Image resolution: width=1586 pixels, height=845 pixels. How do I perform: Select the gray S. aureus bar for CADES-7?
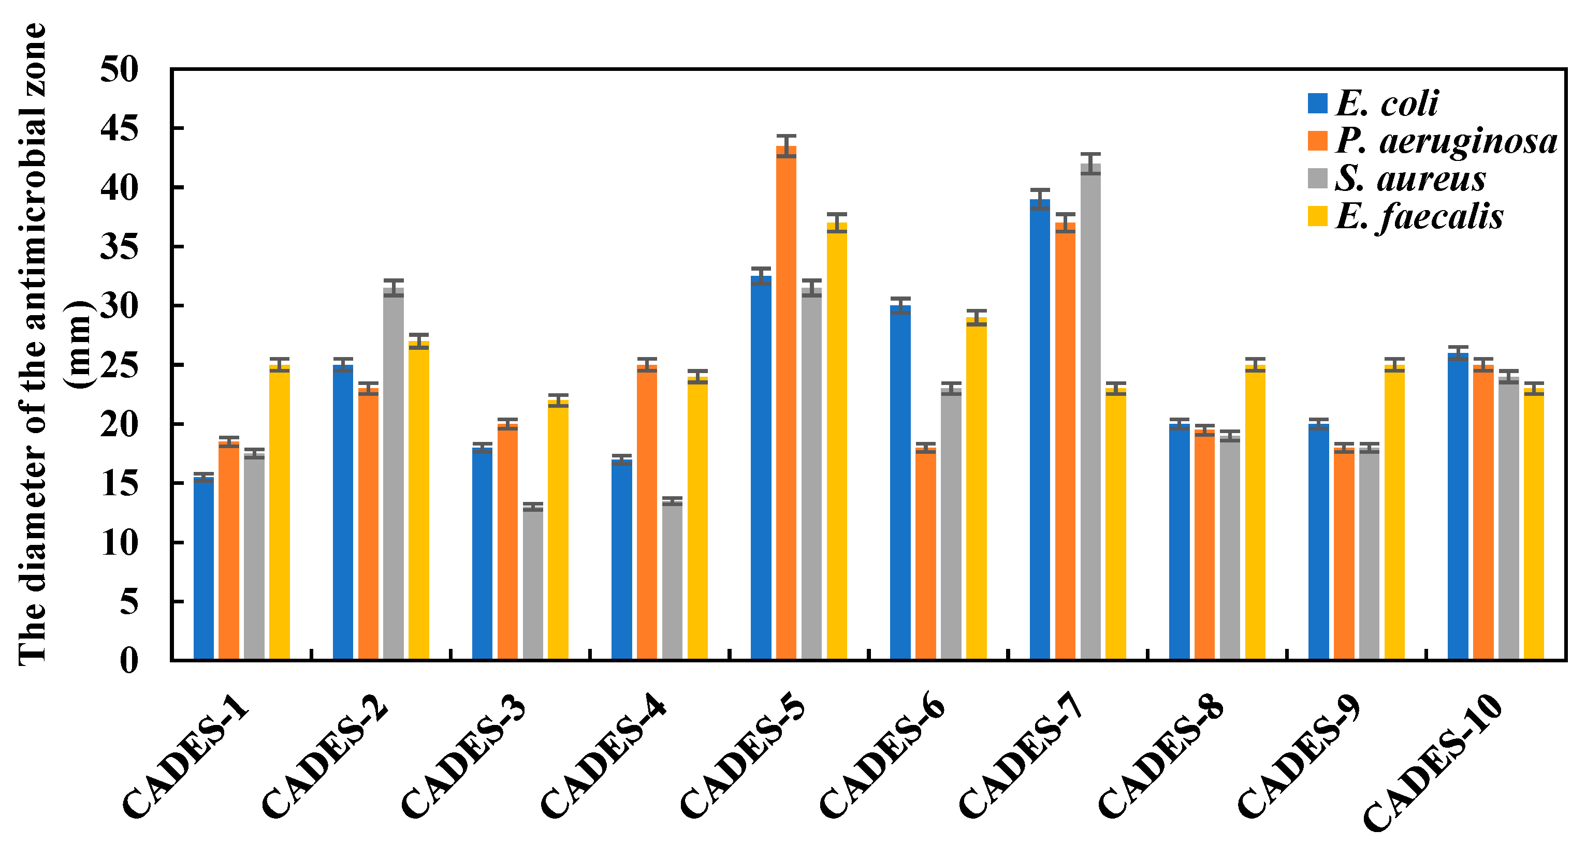coord(1090,412)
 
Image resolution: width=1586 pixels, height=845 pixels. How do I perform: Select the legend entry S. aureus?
coord(1410,179)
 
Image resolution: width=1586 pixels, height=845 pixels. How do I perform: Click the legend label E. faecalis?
coord(1419,217)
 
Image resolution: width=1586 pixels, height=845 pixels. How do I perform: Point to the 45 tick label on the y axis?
coord(120,129)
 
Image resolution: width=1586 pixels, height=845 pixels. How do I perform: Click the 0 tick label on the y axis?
coord(129,660)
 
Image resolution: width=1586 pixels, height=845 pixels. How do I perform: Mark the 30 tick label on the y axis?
coord(120,306)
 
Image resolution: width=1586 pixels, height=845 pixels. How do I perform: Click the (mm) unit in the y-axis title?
coord(79,345)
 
